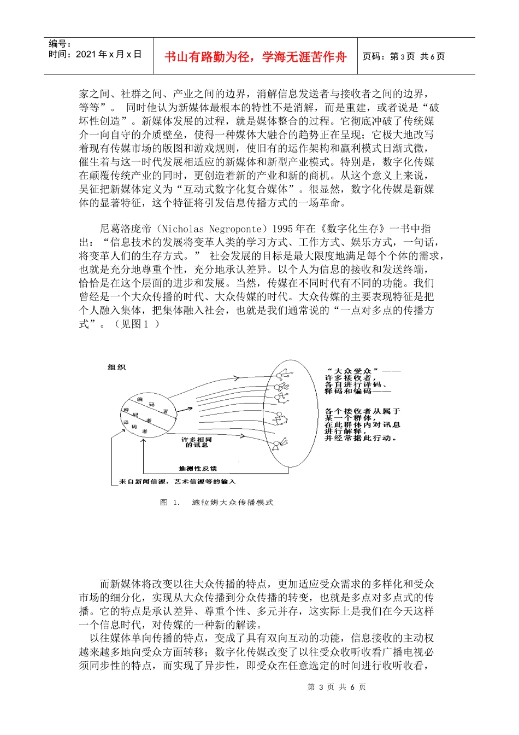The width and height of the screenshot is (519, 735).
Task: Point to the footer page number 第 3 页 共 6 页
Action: [x=337, y=687]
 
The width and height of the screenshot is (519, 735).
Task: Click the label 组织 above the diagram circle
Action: [x=117, y=367]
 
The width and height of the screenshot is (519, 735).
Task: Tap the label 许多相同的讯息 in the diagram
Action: [x=197, y=442]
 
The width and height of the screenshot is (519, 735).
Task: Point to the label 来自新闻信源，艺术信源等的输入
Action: [x=177, y=482]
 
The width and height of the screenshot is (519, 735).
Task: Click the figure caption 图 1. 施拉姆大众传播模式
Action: [x=216, y=502]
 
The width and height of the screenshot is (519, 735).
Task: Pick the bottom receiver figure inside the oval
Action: [x=281, y=444]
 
